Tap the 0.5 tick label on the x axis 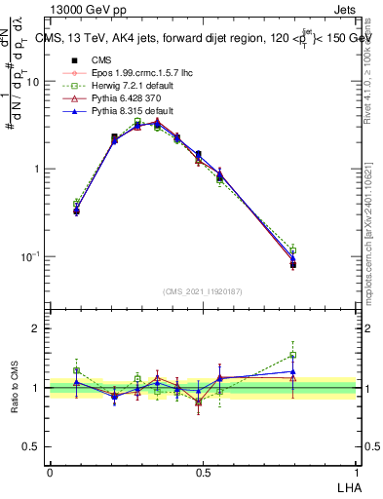coord(203,471)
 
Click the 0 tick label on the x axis coord(50,471)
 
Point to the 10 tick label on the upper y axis coord(32,82)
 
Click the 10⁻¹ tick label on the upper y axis coord(30,256)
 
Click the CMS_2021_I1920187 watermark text coord(202,291)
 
